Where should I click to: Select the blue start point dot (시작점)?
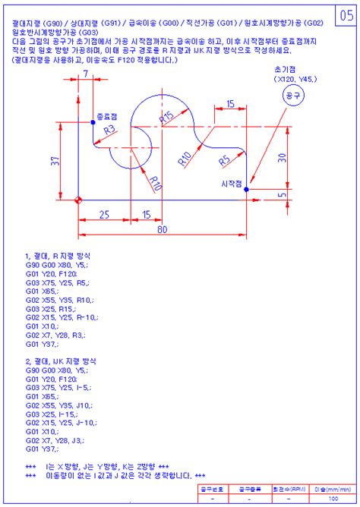[x=246, y=190]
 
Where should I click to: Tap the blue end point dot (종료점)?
[x=93, y=123]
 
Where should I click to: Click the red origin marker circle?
[x=78, y=200]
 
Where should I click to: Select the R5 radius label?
[x=224, y=161]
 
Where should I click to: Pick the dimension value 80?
[x=162, y=228]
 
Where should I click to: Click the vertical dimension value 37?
[x=55, y=161]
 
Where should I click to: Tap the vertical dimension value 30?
[x=282, y=158]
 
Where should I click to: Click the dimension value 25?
[x=105, y=215]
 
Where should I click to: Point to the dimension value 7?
[x=85, y=73]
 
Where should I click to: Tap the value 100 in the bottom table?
[x=333, y=499]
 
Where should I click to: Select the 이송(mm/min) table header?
[x=333, y=490]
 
